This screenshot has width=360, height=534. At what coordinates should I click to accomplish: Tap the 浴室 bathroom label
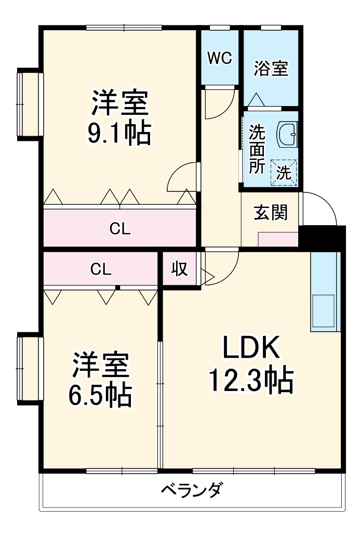tap(271, 68)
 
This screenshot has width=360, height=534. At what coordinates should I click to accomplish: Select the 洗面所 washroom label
tap(256, 149)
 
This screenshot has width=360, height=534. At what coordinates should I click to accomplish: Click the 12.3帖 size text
tap(251, 381)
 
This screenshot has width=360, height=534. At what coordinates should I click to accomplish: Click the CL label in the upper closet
tap(120, 229)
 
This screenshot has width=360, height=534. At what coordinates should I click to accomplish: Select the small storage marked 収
tap(180, 269)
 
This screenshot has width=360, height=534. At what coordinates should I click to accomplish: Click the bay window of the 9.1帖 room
tap(29, 103)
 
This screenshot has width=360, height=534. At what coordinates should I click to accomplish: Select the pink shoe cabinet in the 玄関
tap(278, 240)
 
